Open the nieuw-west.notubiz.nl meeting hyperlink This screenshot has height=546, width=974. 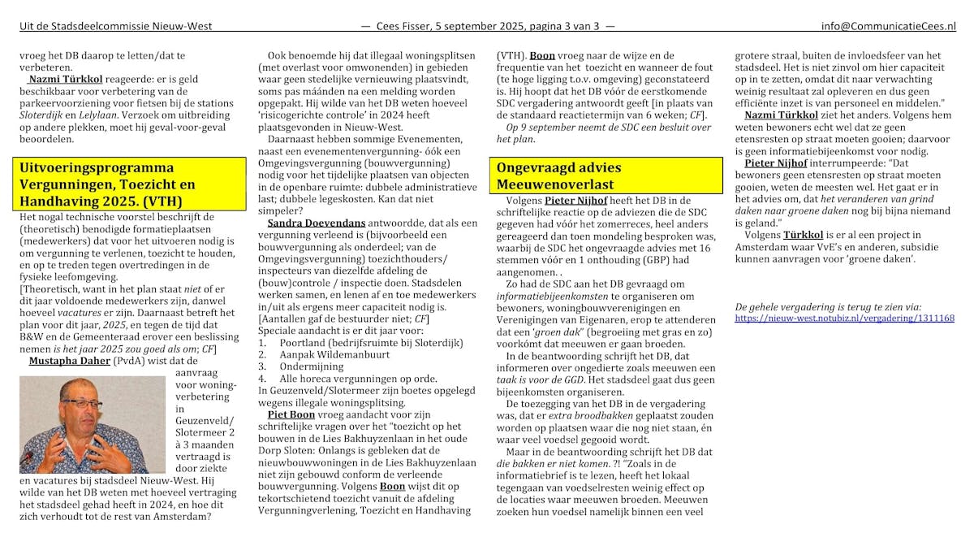point(844,318)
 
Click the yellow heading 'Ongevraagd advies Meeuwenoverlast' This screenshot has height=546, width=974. point(559,176)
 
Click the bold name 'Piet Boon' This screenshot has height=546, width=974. point(289,414)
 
